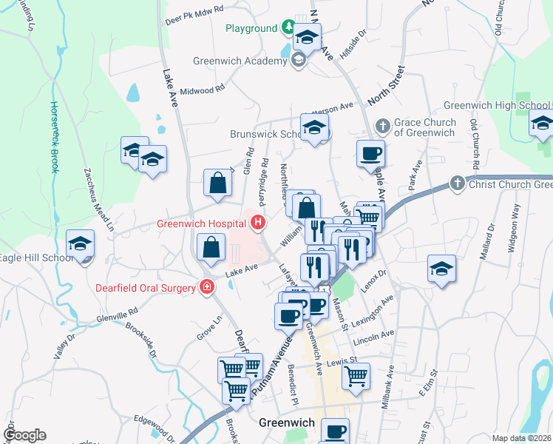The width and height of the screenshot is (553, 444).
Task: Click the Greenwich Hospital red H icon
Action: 258,221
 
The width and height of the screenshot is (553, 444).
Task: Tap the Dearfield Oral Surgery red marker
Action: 208,287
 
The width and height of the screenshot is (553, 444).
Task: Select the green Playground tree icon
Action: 288,29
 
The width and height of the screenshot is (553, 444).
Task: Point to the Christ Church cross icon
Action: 457,183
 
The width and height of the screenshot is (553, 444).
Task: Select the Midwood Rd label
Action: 202,90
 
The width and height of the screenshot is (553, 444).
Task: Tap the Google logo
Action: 24,435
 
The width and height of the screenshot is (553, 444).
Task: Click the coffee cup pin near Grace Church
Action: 370,155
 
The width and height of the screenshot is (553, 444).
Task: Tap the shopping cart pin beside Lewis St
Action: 356,376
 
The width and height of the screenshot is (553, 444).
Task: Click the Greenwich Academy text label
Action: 240,61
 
